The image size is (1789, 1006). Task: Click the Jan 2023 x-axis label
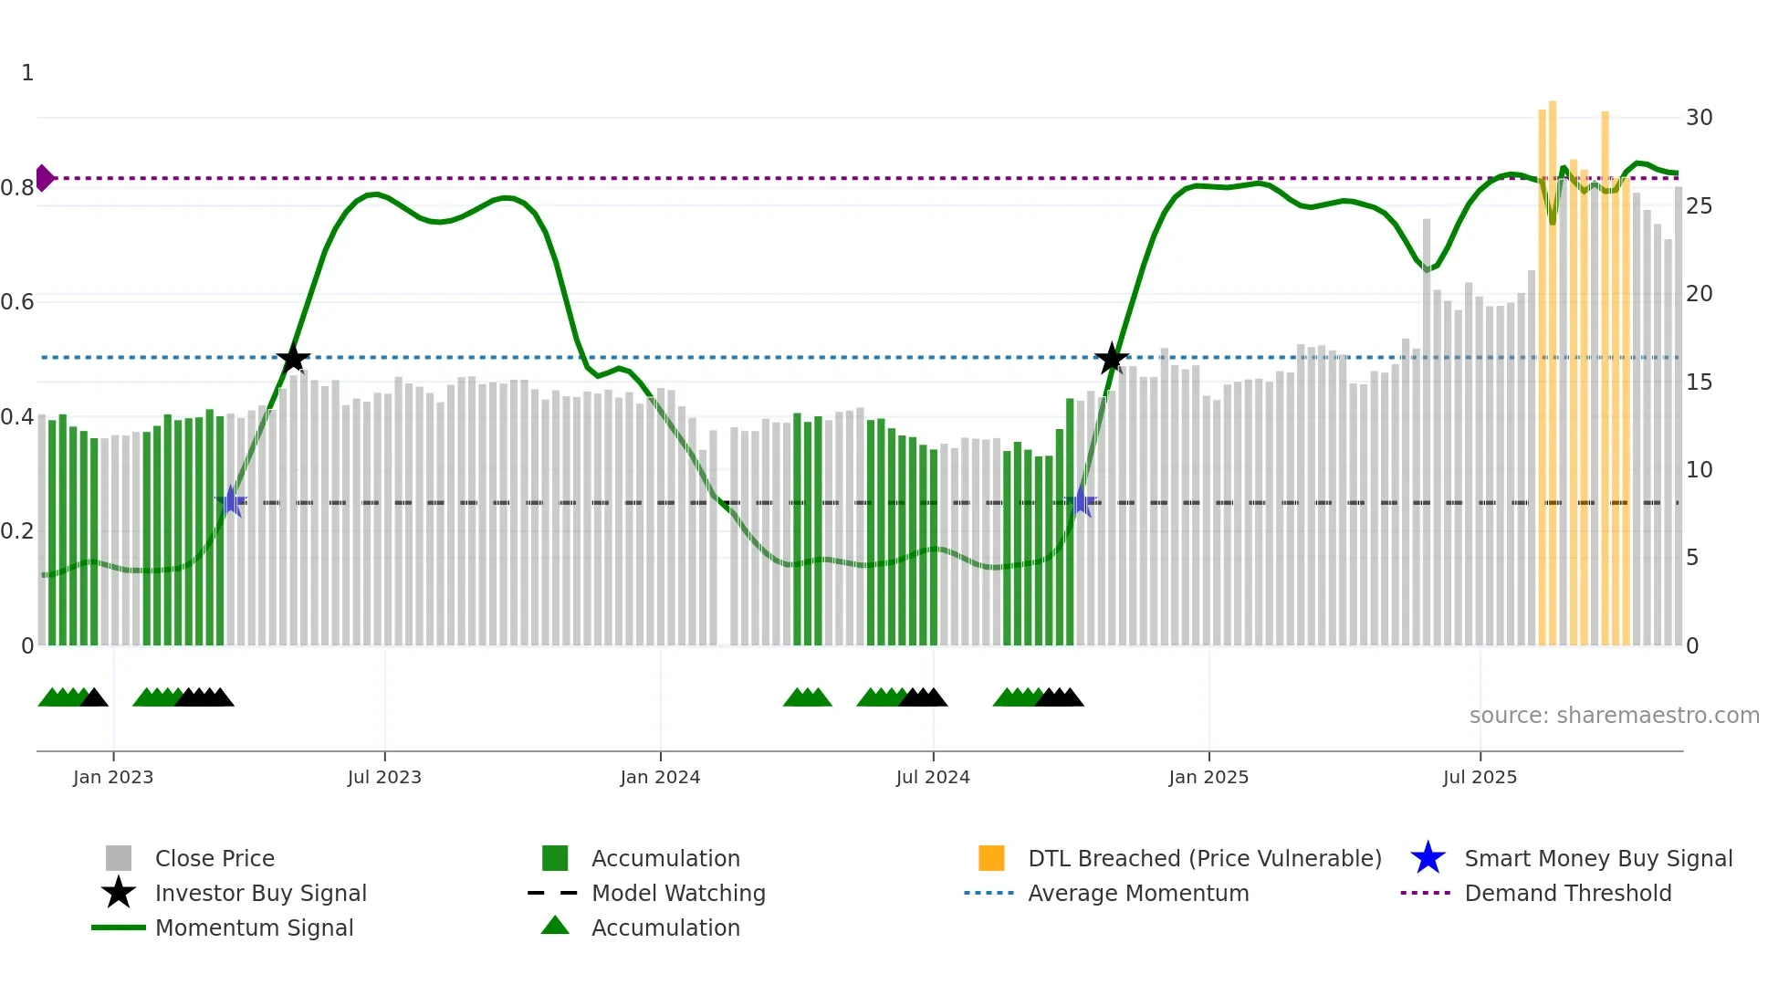point(113,778)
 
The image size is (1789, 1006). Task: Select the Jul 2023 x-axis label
point(384,778)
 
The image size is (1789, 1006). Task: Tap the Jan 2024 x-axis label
point(660,778)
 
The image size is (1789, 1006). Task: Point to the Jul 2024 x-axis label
point(933,778)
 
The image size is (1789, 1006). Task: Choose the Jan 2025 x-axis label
point(1208,778)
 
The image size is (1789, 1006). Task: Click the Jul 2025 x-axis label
point(1480,778)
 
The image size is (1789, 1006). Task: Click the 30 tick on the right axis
point(1699,118)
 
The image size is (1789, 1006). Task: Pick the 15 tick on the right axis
point(1699,382)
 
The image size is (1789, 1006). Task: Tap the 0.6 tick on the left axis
point(17,302)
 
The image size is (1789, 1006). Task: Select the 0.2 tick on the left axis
point(17,531)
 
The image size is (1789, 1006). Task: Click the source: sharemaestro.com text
point(1614,716)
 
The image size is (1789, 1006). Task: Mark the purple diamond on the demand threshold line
point(44,178)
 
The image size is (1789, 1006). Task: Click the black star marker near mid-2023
point(293,359)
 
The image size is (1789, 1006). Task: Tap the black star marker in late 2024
point(1111,359)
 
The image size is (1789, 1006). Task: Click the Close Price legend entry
point(214,859)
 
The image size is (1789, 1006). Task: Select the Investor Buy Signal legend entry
point(260,894)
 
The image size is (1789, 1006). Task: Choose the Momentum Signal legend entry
point(254,928)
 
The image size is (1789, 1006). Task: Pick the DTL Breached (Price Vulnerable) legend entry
point(1204,859)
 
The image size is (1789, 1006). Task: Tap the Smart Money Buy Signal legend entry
point(1597,859)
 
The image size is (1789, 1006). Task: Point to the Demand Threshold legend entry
point(1567,894)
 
